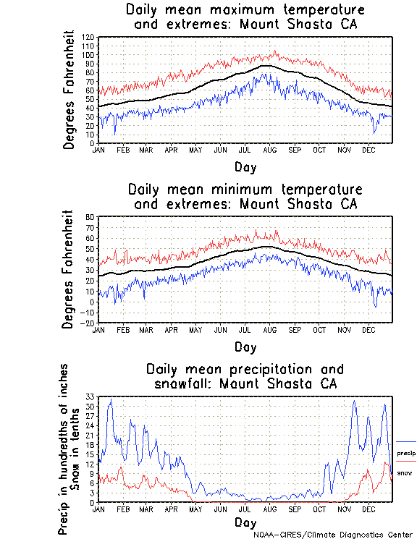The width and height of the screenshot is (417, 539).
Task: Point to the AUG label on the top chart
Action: (x=270, y=150)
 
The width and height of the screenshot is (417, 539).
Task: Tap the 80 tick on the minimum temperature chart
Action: (x=91, y=217)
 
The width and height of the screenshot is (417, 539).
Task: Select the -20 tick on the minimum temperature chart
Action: (x=89, y=323)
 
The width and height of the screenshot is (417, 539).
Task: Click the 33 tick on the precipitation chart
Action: (x=91, y=397)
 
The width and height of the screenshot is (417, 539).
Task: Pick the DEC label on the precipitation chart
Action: (x=368, y=509)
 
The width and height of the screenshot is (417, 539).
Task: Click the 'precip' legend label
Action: (x=405, y=453)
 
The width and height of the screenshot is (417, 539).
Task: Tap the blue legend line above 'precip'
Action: (x=406, y=441)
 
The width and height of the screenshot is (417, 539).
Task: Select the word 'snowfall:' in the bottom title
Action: (x=182, y=383)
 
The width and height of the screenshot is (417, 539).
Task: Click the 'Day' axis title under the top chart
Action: (x=245, y=167)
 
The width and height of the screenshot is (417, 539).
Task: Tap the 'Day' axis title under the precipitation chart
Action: (x=245, y=522)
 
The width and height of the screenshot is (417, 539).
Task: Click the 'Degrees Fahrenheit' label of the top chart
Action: (x=69, y=90)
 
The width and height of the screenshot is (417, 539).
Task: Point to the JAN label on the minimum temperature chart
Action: (x=99, y=329)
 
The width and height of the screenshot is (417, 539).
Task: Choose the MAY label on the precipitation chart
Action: (x=195, y=509)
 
